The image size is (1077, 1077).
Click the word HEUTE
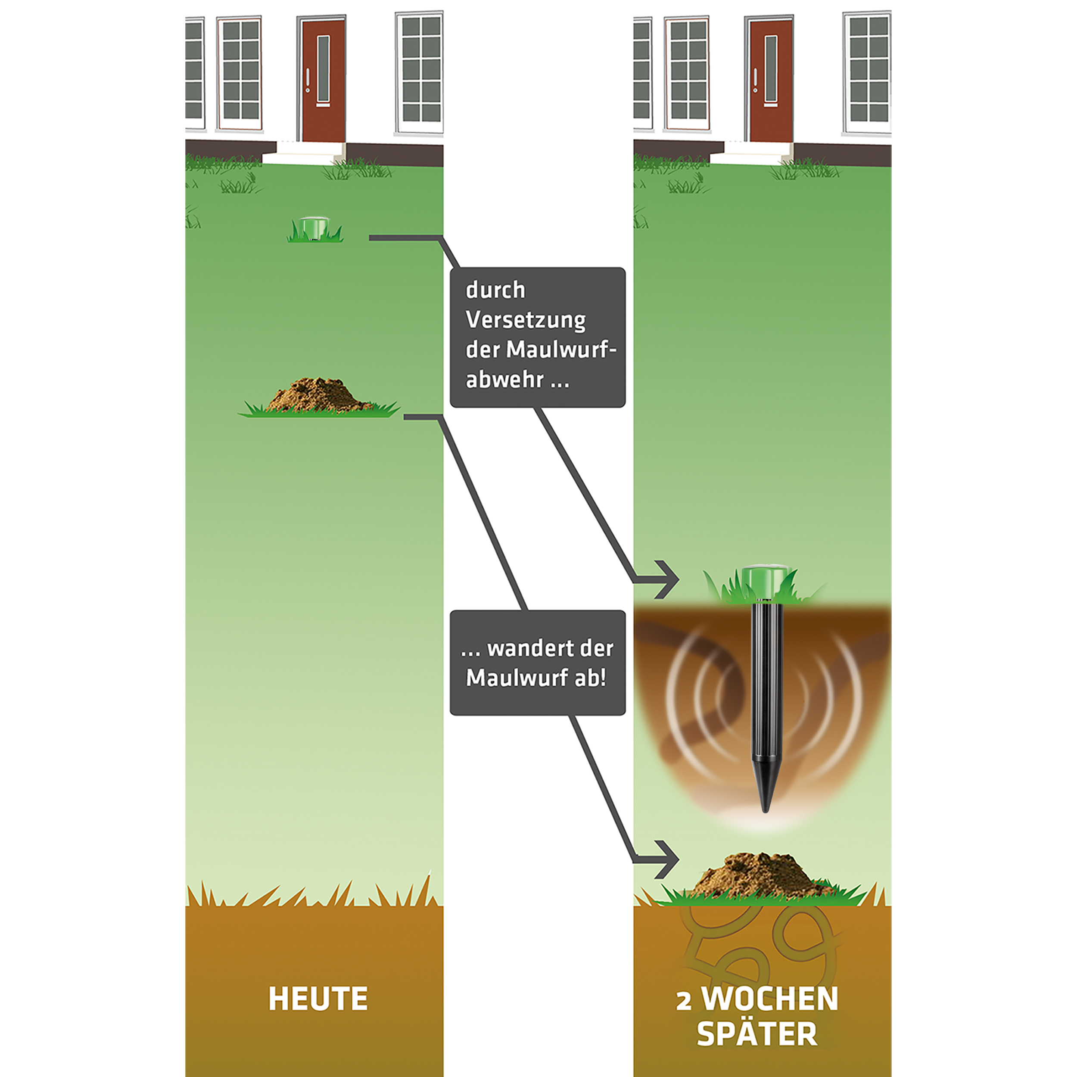tap(318, 999)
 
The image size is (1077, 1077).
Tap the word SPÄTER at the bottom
tap(756, 1033)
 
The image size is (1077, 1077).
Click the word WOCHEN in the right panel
tap(769, 999)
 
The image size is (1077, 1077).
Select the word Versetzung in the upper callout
tap(526, 321)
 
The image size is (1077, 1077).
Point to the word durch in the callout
tap(495, 290)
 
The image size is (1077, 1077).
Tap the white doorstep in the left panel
tap(304, 152)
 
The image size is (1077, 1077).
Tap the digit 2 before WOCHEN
tap(684, 1001)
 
